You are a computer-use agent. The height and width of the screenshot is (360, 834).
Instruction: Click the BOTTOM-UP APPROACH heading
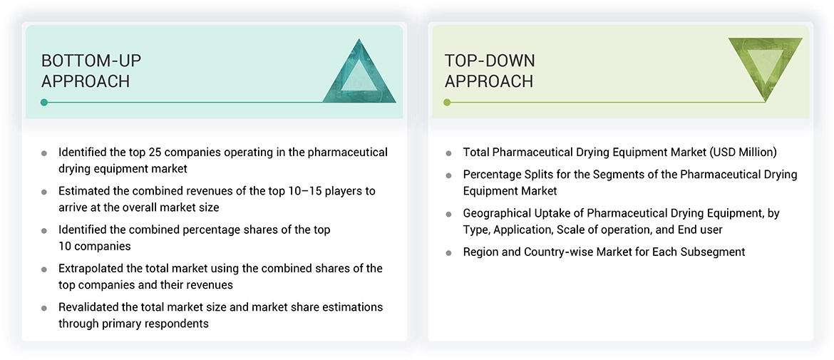point(86,71)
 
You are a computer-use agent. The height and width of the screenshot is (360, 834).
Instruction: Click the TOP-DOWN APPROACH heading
point(490,71)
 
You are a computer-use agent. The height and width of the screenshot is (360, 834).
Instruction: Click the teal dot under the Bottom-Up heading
point(44,103)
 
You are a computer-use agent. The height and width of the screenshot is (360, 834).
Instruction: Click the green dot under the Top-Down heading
point(447,103)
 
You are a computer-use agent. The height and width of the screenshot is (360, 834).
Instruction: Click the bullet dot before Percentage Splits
point(448,175)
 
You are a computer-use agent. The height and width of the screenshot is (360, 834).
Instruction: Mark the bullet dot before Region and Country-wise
point(448,252)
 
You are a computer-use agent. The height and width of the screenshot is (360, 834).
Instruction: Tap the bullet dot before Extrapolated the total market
point(44,269)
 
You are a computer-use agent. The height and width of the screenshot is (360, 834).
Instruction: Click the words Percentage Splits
point(503,174)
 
